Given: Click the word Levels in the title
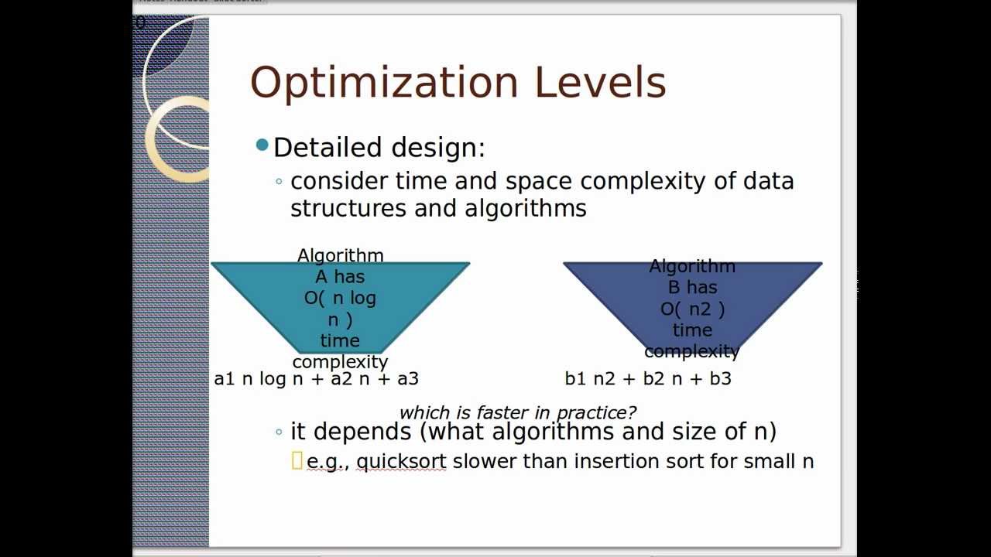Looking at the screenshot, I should click(x=599, y=82).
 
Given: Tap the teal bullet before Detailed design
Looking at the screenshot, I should click(x=262, y=145).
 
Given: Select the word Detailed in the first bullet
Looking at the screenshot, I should click(x=329, y=147).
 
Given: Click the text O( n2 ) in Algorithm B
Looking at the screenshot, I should click(x=692, y=309).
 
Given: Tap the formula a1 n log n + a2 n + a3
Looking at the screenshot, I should click(x=316, y=378).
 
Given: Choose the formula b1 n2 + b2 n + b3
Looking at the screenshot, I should click(x=648, y=378).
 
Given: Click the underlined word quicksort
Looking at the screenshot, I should click(x=401, y=462).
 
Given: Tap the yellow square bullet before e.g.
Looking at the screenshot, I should click(x=297, y=461).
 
